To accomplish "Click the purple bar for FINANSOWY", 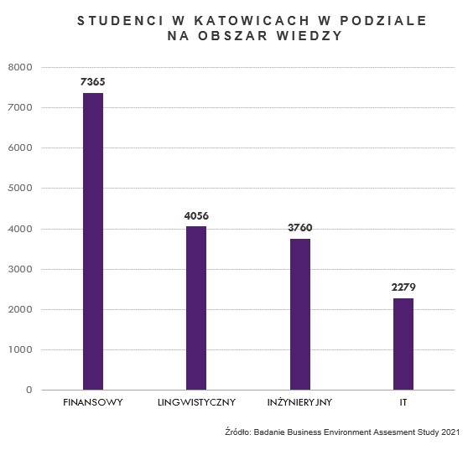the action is coord(93,241).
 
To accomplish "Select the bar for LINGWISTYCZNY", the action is coord(196,308).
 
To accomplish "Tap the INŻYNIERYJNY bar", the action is coord(300,314).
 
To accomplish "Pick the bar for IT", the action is coord(403,344).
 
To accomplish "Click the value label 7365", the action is coord(93,82).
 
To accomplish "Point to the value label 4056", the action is coord(196,215).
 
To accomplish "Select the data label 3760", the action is coord(300,228).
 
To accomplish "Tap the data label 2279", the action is coord(403,287).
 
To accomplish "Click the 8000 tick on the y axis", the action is coord(20,67).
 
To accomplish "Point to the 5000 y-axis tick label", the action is coord(20,188).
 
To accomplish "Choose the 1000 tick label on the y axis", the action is coord(20,349).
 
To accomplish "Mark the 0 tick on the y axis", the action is coord(29,390).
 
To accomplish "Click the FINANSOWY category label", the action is coord(93,402).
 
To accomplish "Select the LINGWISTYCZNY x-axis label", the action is coord(196,402).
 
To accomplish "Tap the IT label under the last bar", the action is coord(403,402).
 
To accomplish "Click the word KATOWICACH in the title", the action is coord(252,21).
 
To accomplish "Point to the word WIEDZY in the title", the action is coord(309,36).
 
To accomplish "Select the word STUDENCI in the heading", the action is coord(120,21).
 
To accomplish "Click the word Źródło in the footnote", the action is coord(238,432).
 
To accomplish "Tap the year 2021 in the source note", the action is coord(450,432).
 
